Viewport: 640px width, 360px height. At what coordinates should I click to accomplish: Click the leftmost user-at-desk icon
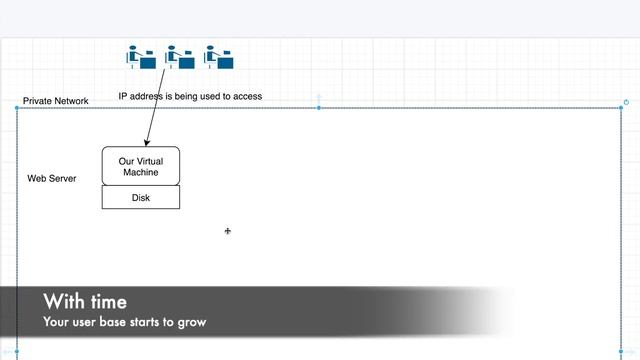tap(141, 57)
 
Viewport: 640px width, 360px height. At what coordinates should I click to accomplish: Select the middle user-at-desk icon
tap(179, 57)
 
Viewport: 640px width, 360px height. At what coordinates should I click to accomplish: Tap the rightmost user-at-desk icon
tap(218, 57)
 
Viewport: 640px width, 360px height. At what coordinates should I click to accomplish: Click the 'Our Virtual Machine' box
tap(141, 166)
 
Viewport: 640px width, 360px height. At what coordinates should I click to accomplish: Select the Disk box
tap(141, 198)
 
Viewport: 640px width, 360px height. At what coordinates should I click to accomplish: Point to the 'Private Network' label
tap(56, 101)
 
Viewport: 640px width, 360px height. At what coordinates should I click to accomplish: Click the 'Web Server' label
tap(52, 178)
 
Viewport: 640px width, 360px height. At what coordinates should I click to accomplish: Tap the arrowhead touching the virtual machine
tap(146, 143)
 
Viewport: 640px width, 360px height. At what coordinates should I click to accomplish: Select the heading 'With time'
tap(85, 302)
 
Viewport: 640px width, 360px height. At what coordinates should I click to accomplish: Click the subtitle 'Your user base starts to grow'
tap(124, 323)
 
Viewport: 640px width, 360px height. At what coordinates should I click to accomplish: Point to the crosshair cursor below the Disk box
tap(228, 231)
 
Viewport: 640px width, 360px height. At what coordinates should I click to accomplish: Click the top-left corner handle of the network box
tap(17, 108)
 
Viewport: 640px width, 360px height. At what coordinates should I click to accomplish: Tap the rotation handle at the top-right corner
tap(626, 102)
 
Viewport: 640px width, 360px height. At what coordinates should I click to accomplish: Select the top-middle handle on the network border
tap(319, 108)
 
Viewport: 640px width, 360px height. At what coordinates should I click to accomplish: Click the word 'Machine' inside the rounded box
tap(141, 172)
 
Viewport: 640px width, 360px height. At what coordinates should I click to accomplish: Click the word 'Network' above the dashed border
tap(71, 101)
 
